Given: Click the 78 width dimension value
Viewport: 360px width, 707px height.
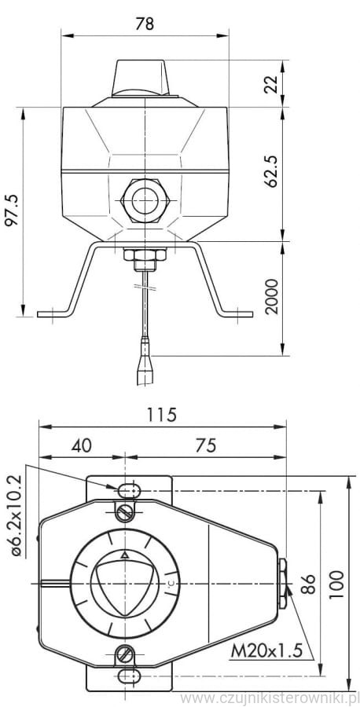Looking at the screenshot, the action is pos(145,24).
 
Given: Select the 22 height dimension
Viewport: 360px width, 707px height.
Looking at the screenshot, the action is pos(272,83).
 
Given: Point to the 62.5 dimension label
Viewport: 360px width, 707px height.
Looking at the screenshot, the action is pos(272,171).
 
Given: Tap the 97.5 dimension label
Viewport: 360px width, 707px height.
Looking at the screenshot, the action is pos(12,210).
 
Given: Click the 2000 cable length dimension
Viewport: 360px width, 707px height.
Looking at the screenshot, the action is pos(272,297).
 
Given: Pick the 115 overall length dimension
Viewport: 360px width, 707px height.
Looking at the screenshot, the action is pos(161,414).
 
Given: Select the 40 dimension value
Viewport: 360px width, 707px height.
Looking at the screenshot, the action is pos(82,445).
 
